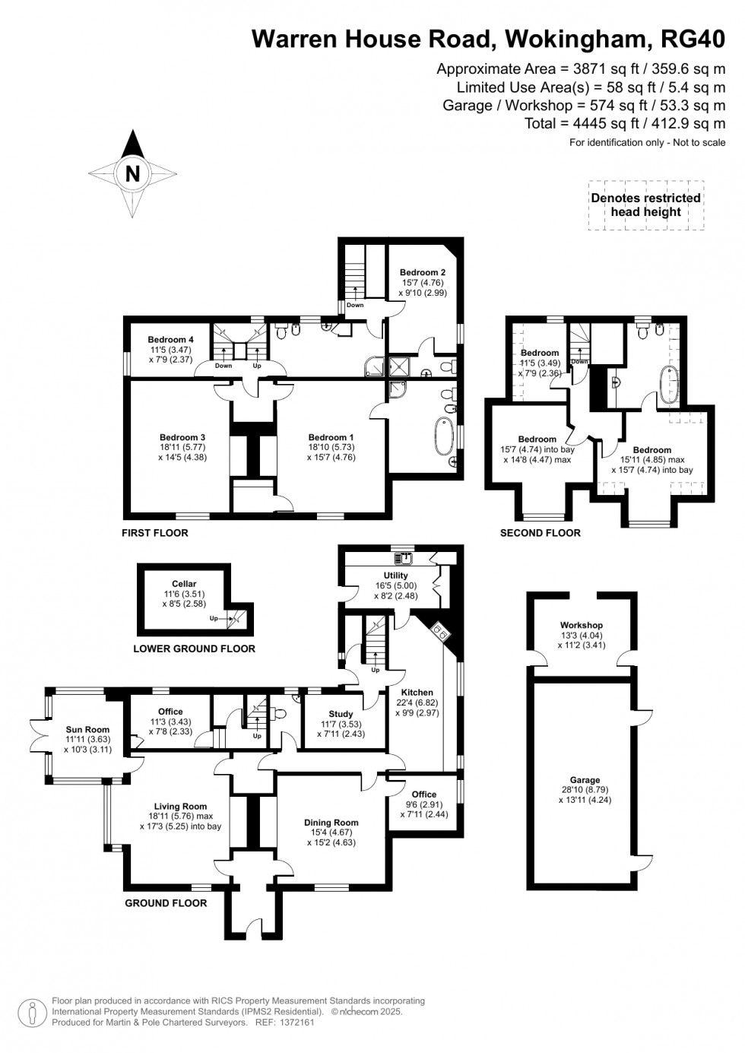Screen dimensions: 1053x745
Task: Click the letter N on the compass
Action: coord(132,173)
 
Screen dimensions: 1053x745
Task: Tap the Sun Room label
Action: coord(87,730)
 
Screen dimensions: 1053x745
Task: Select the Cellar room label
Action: coord(184,584)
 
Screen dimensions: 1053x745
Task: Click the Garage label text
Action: coord(585,780)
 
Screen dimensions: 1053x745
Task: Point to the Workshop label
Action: coord(582,625)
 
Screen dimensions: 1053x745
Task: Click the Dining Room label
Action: coord(331,823)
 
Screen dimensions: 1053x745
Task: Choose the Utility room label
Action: coord(395,576)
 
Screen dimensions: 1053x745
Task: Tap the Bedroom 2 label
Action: coord(423,272)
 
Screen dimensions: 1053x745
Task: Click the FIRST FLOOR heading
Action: coord(155,533)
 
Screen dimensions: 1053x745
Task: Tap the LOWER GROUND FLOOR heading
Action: coord(194,649)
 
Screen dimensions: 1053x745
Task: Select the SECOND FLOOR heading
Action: coord(540,533)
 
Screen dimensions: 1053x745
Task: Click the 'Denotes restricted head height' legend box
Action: coord(645,205)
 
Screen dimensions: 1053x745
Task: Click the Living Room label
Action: coord(180,807)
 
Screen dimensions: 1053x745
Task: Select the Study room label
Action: coord(341,714)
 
